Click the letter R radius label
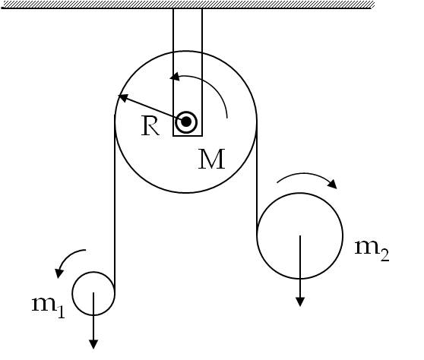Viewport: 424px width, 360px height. (150, 126)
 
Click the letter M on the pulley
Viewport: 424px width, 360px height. (211, 159)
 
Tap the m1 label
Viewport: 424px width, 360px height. (49, 307)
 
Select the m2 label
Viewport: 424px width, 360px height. (372, 251)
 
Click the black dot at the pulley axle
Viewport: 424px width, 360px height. (185, 122)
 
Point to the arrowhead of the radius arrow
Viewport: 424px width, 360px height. (123, 97)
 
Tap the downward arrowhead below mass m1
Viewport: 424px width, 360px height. (93, 344)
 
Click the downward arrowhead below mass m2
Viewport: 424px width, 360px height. (300, 302)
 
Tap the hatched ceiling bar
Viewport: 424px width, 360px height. (188, 5)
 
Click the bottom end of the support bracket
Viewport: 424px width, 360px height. (188, 135)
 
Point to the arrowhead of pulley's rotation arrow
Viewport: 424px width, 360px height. (175, 77)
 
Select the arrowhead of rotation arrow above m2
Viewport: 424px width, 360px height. (332, 184)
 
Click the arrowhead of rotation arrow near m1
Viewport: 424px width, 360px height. (59, 273)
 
